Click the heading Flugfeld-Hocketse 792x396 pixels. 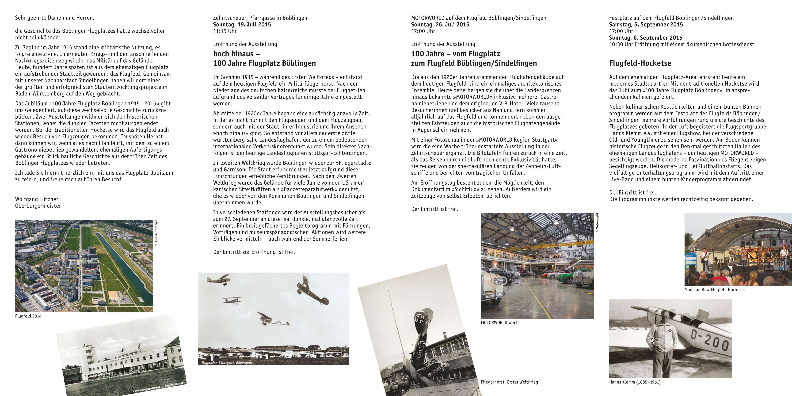[x=640, y=63]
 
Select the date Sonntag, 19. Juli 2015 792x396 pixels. [x=242, y=25]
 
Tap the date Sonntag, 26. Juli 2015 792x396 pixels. [x=440, y=25]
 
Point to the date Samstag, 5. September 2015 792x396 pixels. [x=646, y=25]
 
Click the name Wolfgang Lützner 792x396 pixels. [x=37, y=199]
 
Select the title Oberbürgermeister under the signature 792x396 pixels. [x=38, y=206]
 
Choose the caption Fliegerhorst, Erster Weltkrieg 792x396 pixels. [x=509, y=382]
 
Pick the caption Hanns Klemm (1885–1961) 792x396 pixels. [x=635, y=382]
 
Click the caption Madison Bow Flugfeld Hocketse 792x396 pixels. [x=715, y=290]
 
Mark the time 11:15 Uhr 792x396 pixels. [x=225, y=31]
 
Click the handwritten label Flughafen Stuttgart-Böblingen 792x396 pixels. [x=227, y=362]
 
